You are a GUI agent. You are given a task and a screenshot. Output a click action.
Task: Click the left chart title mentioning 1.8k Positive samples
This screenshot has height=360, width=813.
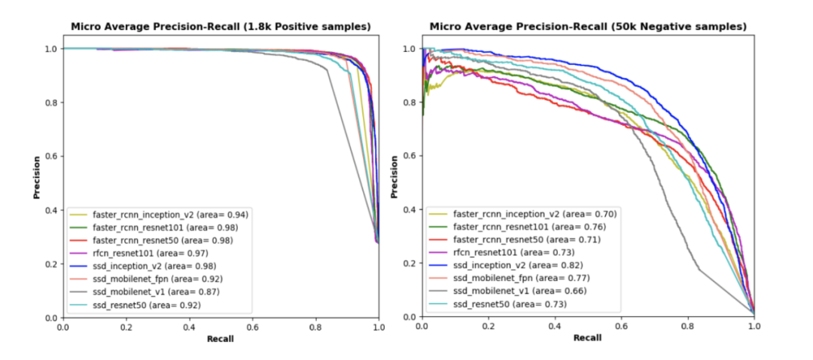pyautogui.click(x=221, y=26)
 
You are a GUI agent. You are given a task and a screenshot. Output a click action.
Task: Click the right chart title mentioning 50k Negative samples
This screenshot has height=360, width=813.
pyautogui.click(x=588, y=26)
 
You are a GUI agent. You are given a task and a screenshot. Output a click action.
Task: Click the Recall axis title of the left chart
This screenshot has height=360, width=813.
pyautogui.click(x=221, y=339)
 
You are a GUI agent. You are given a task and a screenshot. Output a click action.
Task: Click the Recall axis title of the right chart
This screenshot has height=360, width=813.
pyautogui.click(x=588, y=338)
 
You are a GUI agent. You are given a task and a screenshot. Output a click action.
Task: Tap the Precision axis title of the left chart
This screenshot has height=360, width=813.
pyautogui.click(x=36, y=178)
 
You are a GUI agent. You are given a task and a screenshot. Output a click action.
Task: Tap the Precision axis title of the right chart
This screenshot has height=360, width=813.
pyautogui.click(x=396, y=178)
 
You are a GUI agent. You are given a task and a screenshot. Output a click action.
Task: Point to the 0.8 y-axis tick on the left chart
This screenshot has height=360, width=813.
pyautogui.click(x=50, y=102)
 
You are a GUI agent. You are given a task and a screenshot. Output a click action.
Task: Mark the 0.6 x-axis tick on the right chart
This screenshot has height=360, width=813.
pyautogui.click(x=622, y=328)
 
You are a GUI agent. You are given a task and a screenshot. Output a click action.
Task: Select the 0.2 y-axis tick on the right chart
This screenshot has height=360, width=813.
pyautogui.click(x=409, y=263)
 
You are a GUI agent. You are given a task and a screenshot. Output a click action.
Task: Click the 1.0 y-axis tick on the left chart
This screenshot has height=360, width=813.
pyautogui.click(x=50, y=49)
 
